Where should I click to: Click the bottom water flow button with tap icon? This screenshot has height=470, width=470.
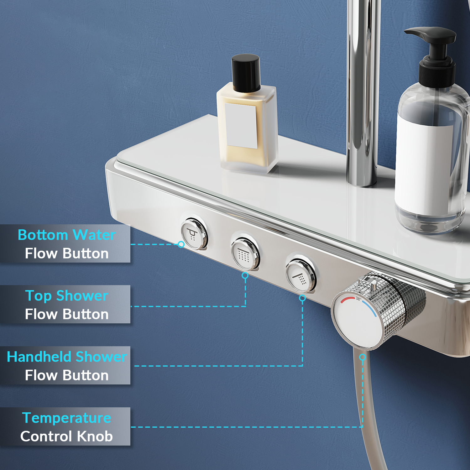pos(194,234)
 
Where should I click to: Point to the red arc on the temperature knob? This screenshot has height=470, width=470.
pos(347,300)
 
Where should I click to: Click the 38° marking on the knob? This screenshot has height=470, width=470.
pos(358,299)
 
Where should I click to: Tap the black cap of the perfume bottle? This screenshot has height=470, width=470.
pos(246,73)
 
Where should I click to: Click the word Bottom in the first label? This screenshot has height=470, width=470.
pos(43,235)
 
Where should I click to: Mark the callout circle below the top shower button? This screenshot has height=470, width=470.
pos(245,275)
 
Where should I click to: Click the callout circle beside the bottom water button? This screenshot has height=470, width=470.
pos(181,244)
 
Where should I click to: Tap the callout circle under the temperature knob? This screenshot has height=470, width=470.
pos(363,357)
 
